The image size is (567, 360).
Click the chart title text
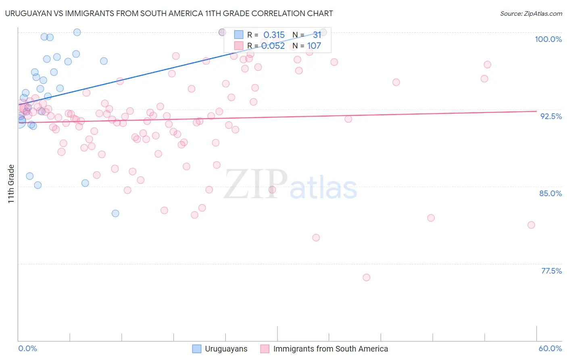click(x=169, y=13)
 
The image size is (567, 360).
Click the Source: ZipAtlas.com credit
click(x=531, y=14)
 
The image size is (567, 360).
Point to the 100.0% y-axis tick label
click(x=548, y=39)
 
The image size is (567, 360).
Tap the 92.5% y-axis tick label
click(x=551, y=116)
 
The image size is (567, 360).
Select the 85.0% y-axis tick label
click(x=550, y=193)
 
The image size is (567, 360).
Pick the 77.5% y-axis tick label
click(x=551, y=271)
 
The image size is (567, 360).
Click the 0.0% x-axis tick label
click(x=27, y=348)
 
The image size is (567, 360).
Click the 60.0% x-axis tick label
click(x=550, y=348)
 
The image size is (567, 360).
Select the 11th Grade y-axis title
click(x=11, y=184)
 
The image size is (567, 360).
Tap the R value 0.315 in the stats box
click(x=274, y=35)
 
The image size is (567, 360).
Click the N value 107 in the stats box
click(x=314, y=46)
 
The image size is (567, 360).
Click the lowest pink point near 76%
click(x=366, y=277)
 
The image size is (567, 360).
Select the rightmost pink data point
click(x=531, y=225)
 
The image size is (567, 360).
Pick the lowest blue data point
click(x=115, y=213)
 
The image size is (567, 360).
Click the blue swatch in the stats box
click(x=239, y=35)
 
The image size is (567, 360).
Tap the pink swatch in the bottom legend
click(x=265, y=349)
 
